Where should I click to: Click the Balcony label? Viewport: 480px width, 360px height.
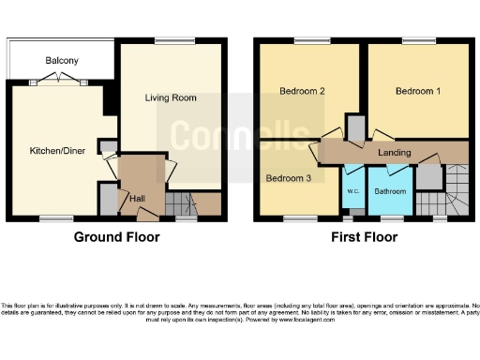(62, 61)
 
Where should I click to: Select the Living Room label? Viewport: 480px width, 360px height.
(170, 97)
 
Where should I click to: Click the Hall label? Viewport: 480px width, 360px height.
(138, 198)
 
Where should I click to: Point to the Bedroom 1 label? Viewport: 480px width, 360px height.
(416, 92)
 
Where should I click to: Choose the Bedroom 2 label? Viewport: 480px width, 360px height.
(302, 92)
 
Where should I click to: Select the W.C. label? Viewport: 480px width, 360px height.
(352, 191)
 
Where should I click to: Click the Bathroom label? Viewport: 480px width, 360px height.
(389, 191)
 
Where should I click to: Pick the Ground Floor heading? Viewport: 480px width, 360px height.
(117, 237)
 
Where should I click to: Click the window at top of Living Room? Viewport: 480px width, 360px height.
(170, 41)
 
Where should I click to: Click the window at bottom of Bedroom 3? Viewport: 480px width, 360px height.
(301, 218)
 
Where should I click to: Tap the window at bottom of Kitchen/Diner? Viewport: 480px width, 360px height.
(52, 218)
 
